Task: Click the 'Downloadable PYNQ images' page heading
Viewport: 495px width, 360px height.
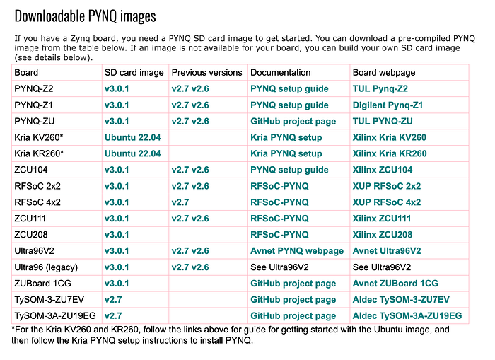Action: click(x=86, y=16)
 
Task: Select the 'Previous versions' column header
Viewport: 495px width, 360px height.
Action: click(x=206, y=73)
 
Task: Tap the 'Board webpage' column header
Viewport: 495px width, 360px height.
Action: click(x=384, y=73)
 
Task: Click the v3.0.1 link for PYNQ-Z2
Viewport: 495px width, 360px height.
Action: click(x=117, y=88)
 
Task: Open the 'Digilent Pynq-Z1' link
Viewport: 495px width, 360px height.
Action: click(x=388, y=105)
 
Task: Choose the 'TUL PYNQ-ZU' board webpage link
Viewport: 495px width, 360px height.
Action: click(x=383, y=121)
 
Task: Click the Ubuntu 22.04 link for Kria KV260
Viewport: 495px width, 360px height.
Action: click(x=133, y=137)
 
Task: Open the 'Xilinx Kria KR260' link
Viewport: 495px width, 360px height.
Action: click(x=390, y=153)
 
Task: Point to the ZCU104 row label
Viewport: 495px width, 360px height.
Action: click(x=31, y=170)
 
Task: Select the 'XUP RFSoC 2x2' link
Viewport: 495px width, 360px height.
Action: click(x=387, y=186)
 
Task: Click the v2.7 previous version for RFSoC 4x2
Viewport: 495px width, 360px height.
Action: click(x=180, y=202)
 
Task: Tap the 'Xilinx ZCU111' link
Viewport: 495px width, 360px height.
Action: click(x=382, y=219)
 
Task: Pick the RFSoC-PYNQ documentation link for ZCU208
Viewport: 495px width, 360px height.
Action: click(x=279, y=235)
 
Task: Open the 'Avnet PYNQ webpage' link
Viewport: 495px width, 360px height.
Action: click(x=297, y=251)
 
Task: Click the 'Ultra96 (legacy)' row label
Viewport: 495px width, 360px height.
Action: click(x=46, y=267)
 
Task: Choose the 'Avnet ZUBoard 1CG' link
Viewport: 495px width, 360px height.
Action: click(x=395, y=284)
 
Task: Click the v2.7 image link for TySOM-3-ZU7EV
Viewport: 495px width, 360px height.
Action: click(x=113, y=299)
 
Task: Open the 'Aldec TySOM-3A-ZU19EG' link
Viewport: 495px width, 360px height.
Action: click(x=407, y=315)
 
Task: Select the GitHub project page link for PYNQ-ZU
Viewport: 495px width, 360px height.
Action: click(x=293, y=122)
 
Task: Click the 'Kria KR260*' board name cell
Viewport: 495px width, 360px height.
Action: click(x=39, y=153)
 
